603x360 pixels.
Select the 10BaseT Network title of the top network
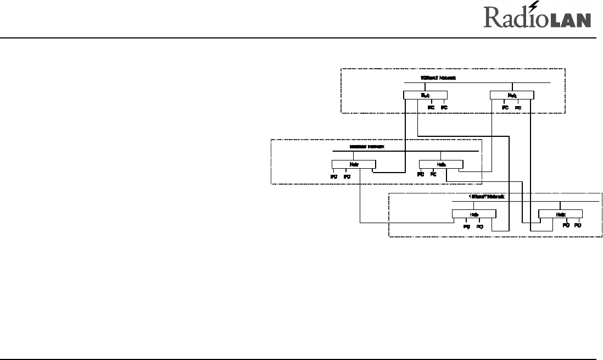[438, 78]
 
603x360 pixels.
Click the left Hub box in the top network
[425, 95]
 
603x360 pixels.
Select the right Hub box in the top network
[511, 95]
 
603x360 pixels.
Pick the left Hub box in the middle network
[354, 164]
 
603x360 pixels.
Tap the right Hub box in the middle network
[441, 164]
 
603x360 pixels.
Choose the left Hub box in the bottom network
[473, 214]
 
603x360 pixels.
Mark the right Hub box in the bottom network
[560, 214]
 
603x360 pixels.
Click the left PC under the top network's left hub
[431, 107]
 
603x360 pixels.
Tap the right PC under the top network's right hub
[518, 107]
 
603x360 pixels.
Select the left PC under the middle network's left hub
[333, 176]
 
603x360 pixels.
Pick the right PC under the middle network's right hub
[433, 174]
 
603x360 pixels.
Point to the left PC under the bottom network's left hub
[466, 226]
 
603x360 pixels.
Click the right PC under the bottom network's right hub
[578, 225]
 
